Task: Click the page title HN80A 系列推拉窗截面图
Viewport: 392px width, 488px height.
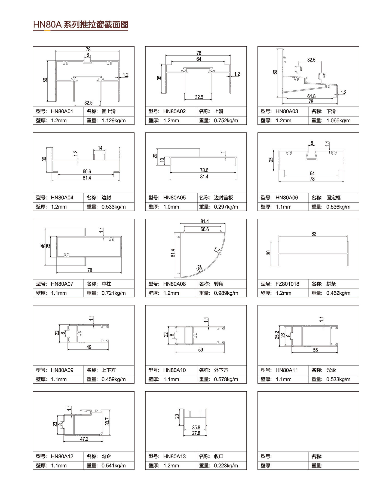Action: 81,25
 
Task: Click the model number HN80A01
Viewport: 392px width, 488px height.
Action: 62,111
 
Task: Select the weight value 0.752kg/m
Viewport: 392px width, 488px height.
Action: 226,121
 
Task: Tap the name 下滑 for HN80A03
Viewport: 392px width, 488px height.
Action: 331,111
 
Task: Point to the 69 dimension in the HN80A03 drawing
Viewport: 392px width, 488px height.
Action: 275,72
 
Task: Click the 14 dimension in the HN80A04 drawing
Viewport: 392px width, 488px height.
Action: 100,148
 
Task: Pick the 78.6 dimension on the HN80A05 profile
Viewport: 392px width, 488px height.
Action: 204,170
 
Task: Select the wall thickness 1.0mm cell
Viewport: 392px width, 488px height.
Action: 171,207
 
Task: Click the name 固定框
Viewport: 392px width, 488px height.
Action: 333,198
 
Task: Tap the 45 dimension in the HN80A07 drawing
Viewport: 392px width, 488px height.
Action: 43,246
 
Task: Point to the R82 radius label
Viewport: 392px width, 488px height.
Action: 200,269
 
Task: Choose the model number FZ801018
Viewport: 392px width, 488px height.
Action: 287,284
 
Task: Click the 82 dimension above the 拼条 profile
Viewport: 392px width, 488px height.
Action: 314,234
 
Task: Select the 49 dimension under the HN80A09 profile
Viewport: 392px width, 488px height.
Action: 89,347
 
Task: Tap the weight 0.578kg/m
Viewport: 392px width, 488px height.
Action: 226,379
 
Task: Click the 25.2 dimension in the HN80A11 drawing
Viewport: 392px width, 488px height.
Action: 277,335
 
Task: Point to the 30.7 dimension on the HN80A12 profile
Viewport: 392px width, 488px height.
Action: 107,422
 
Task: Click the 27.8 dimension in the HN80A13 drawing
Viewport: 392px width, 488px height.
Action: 196,433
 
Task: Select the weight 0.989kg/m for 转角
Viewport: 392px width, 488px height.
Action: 226,293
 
